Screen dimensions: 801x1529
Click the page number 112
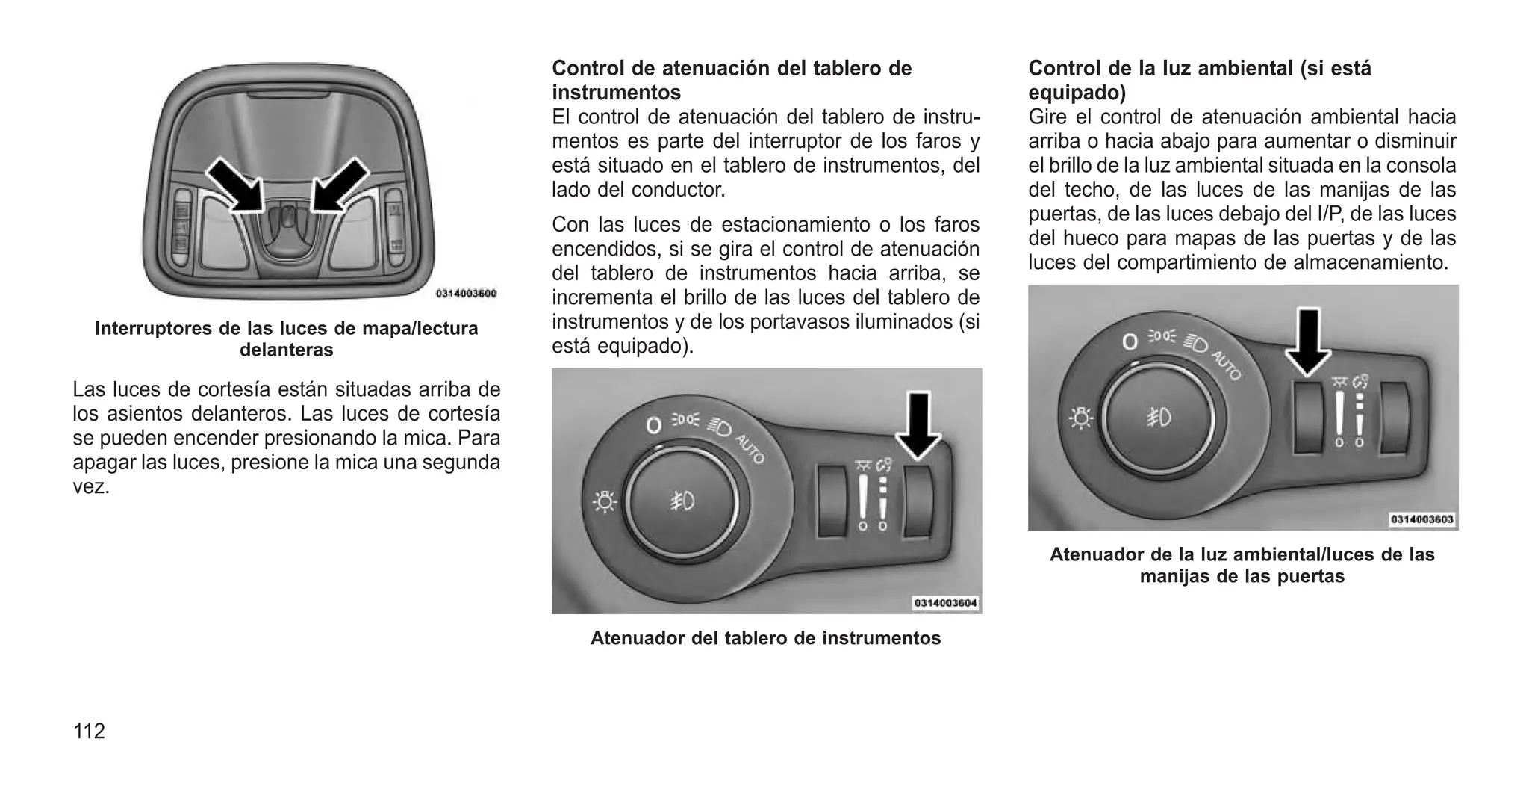(x=89, y=731)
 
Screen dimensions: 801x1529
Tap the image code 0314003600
(x=466, y=294)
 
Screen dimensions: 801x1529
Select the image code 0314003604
(x=946, y=603)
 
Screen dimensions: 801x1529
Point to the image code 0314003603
(x=1422, y=519)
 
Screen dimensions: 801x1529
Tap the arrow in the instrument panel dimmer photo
(x=919, y=424)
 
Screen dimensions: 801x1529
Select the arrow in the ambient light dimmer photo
(x=1308, y=341)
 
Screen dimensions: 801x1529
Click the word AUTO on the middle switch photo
(x=750, y=448)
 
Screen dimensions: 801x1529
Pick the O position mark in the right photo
(x=1130, y=342)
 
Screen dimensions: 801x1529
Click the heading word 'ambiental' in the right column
(x=1241, y=68)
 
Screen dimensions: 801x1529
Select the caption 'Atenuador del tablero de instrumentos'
(x=765, y=638)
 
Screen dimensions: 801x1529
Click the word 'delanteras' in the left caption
(x=286, y=350)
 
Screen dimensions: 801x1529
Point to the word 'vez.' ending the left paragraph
(x=91, y=487)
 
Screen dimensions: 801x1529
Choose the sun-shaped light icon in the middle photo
(x=603, y=502)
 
